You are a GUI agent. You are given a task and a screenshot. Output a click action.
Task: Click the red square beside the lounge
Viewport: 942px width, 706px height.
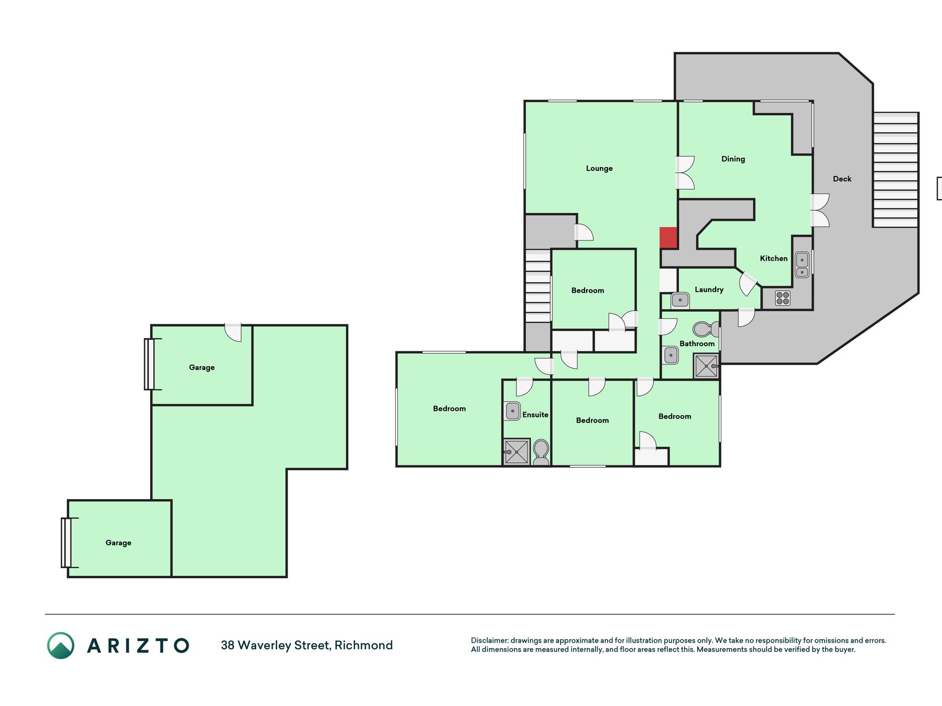668,238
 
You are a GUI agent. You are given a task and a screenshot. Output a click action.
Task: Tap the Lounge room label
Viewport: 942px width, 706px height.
599,169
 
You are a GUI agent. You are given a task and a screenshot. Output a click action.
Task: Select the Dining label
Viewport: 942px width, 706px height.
733,159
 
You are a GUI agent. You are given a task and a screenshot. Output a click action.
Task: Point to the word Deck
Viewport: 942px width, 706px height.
842,179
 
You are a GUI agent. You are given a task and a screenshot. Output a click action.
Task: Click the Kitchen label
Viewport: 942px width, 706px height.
774,258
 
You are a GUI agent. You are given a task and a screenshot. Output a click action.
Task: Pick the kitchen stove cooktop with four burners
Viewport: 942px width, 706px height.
783,298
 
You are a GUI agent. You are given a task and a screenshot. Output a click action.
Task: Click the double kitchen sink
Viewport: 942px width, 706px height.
802,265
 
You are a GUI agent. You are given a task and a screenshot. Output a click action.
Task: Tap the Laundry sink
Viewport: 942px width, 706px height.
680,301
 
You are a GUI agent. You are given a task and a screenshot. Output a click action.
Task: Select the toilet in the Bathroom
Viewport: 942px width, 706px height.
706,329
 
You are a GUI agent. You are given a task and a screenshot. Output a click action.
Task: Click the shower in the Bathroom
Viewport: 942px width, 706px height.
706,366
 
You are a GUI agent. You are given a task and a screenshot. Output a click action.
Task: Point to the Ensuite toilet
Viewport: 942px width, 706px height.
541,452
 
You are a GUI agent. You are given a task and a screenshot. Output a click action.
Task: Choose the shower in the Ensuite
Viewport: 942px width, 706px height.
517,452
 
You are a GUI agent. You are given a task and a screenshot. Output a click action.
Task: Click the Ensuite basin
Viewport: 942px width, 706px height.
512,411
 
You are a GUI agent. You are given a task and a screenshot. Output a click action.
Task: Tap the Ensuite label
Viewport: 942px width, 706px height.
535,415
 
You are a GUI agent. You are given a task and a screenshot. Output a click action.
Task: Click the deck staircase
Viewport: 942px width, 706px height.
895,170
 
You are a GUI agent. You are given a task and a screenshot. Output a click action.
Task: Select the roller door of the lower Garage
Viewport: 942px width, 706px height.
66,543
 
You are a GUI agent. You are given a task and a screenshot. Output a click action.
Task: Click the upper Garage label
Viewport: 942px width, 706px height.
201,368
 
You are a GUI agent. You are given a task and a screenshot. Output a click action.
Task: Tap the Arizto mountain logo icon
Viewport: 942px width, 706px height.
61,645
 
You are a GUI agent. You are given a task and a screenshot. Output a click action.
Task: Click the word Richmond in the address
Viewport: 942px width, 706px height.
364,645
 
